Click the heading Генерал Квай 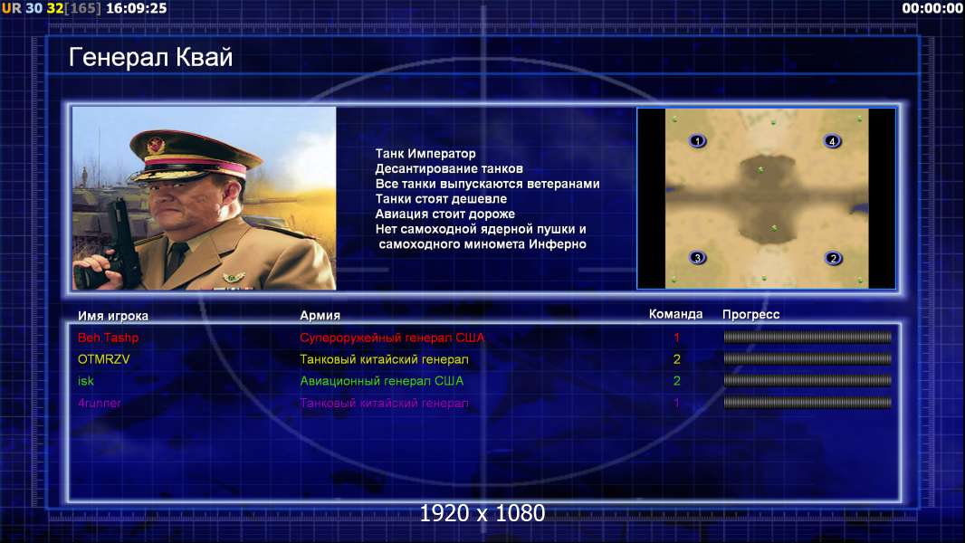click(151, 57)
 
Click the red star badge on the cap click(156, 145)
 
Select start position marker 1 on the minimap click(697, 141)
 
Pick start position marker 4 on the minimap click(832, 141)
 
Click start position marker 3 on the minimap click(697, 258)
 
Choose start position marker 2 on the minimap click(834, 258)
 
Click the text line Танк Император click(425, 154)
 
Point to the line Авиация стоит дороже click(445, 214)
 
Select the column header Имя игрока click(112, 316)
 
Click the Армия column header click(320, 316)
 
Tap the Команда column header click(675, 314)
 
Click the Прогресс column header click(750, 315)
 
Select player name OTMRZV click(103, 359)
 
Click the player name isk click(85, 381)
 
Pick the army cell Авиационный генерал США click(382, 381)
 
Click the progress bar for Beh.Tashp click(807, 337)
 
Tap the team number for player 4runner click(676, 404)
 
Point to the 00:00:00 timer click(932, 9)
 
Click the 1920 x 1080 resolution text click(482, 513)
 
